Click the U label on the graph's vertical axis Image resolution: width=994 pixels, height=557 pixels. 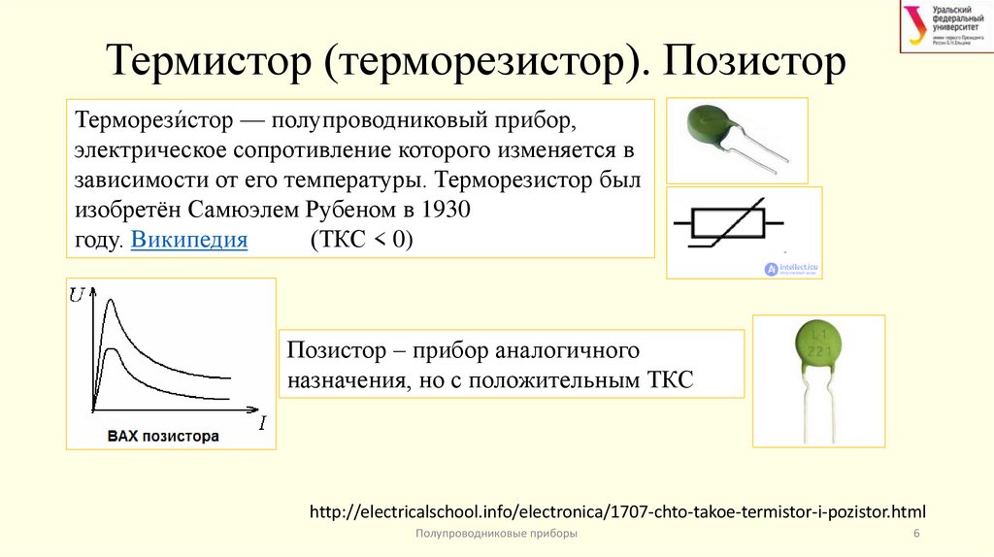77,293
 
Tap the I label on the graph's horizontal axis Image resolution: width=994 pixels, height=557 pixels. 262,423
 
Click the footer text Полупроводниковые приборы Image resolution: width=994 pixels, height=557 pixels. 496,535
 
